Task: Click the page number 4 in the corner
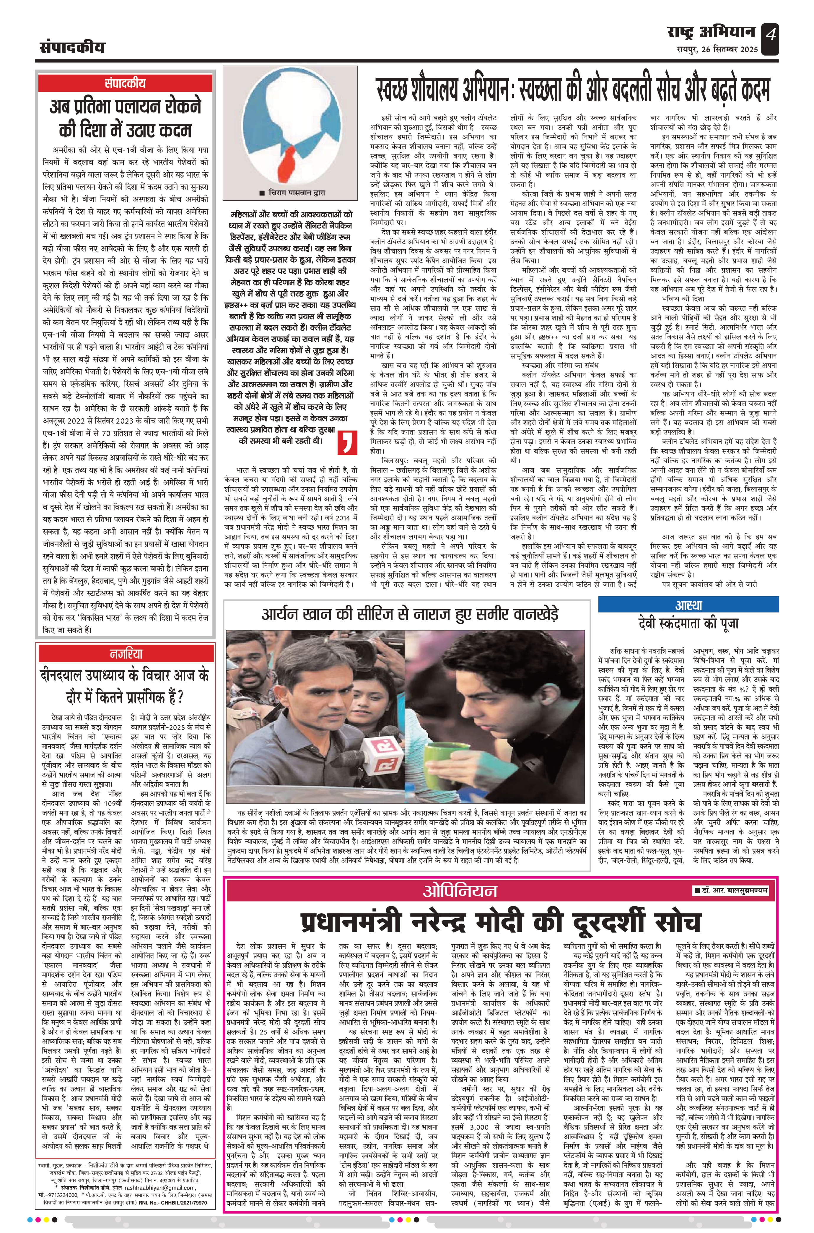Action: pyautogui.click(x=770, y=36)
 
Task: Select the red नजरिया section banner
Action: pyautogui.click(x=126, y=653)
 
